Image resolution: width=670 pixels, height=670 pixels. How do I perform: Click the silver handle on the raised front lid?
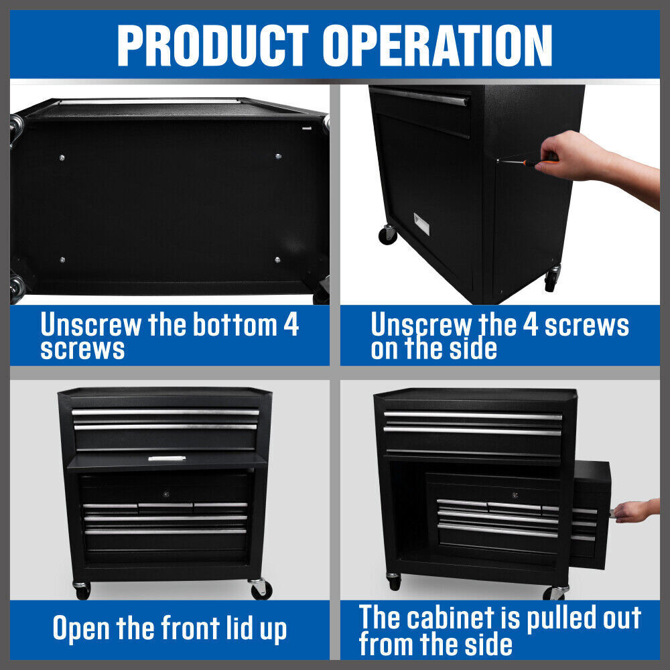point(166,459)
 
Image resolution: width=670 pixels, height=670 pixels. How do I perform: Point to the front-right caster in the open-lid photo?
point(260,589)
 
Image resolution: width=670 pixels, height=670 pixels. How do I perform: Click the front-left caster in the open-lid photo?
point(82,590)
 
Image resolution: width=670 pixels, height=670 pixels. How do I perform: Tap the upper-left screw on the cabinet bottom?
point(62,157)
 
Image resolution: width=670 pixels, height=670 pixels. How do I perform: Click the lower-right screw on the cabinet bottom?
point(277,259)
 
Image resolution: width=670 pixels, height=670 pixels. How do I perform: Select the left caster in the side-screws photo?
point(388,234)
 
